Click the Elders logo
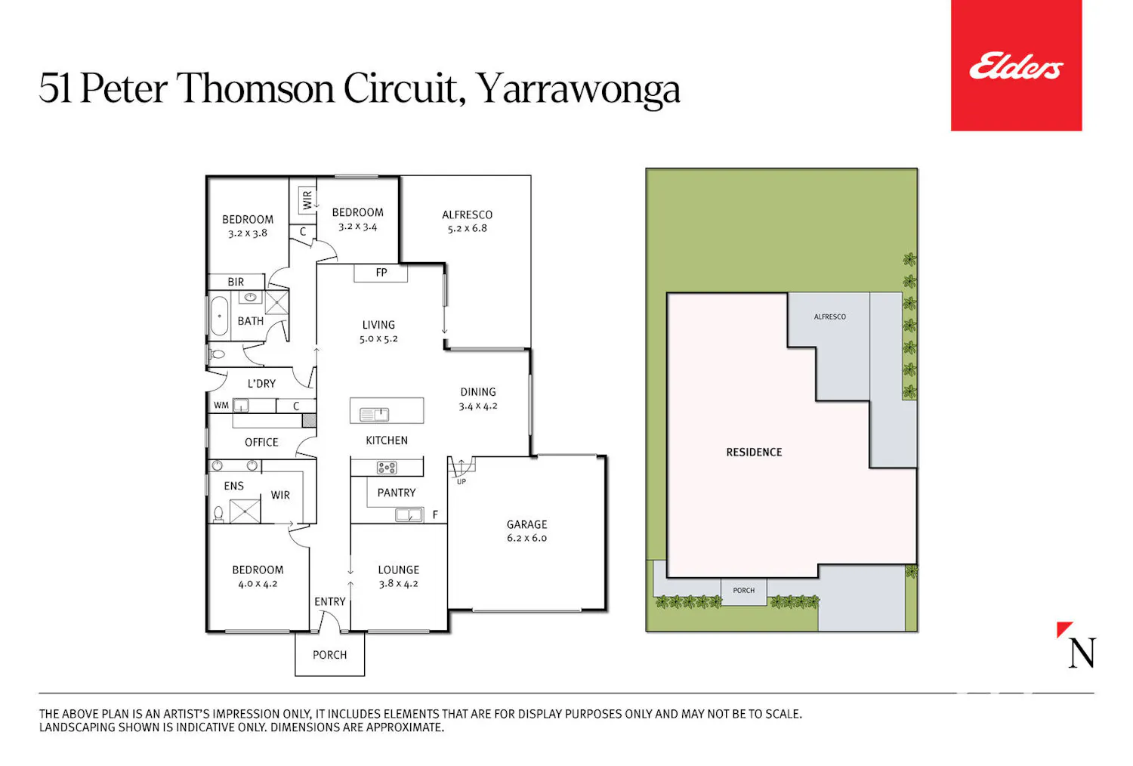(x=1016, y=65)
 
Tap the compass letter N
(x=1082, y=653)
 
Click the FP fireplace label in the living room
(x=381, y=273)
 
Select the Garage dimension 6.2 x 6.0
(x=526, y=538)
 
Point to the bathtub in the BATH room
(x=219, y=316)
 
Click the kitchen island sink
(x=374, y=415)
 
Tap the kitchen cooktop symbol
(x=387, y=468)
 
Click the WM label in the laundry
(x=221, y=405)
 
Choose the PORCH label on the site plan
(x=743, y=591)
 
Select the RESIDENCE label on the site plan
(x=754, y=452)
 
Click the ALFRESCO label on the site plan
(x=829, y=317)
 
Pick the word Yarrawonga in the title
(x=578, y=90)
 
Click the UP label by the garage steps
(x=462, y=482)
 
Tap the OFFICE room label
(x=261, y=442)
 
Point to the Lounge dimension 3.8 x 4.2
(x=399, y=583)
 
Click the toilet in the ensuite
(x=218, y=514)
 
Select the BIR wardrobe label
(x=236, y=282)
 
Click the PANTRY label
(x=397, y=493)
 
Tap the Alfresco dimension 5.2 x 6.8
(x=467, y=228)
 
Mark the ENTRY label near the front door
(x=330, y=601)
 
